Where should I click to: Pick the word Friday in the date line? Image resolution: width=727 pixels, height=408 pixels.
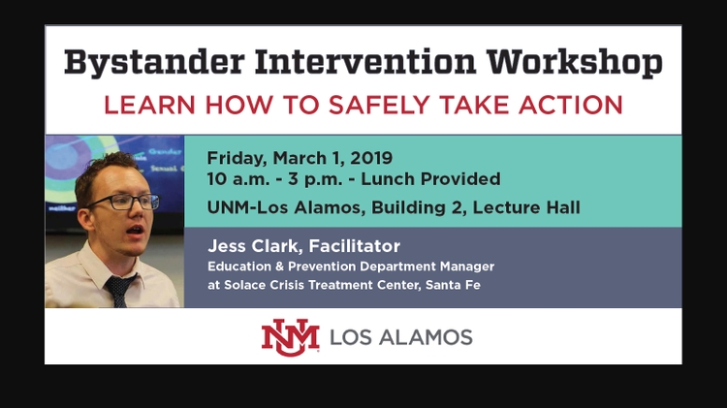coord(236,157)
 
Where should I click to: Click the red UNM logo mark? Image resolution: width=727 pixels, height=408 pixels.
coord(290,336)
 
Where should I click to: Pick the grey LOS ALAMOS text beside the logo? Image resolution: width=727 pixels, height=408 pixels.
coord(400,337)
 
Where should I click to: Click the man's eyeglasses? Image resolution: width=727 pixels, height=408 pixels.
coord(128,202)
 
